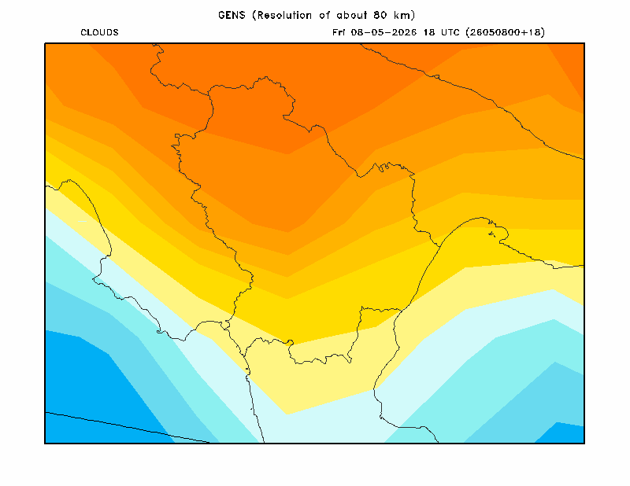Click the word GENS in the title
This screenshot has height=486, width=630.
[x=232, y=15]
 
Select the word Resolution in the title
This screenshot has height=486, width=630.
[x=284, y=15]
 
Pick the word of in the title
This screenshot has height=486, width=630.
[x=324, y=15]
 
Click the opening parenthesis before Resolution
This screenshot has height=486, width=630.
[x=254, y=15]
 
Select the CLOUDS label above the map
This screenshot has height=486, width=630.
[x=100, y=32]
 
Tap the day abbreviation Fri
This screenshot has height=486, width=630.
[x=339, y=32]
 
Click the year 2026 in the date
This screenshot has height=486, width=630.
[x=404, y=32]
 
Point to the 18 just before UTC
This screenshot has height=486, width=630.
[x=429, y=32]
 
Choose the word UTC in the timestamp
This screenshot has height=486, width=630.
[x=450, y=32]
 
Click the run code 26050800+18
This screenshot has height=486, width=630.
[x=505, y=32]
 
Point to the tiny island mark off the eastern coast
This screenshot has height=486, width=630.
[x=491, y=234]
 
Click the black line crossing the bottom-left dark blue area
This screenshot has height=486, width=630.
[x=127, y=426]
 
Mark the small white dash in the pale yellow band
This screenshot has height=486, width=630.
[x=82, y=221]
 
